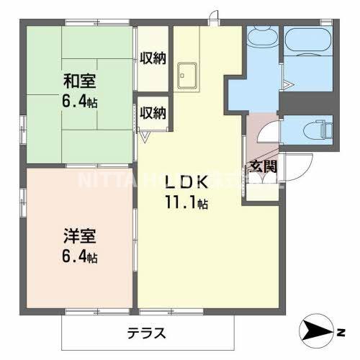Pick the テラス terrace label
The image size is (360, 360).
click(148, 333)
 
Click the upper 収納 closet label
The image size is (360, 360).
click(153, 58)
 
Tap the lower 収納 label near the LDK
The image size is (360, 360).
click(153, 112)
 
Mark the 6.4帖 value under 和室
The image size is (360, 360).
click(79, 102)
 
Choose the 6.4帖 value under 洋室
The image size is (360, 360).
click(79, 257)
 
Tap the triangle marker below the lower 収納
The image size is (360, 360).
click(144, 135)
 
